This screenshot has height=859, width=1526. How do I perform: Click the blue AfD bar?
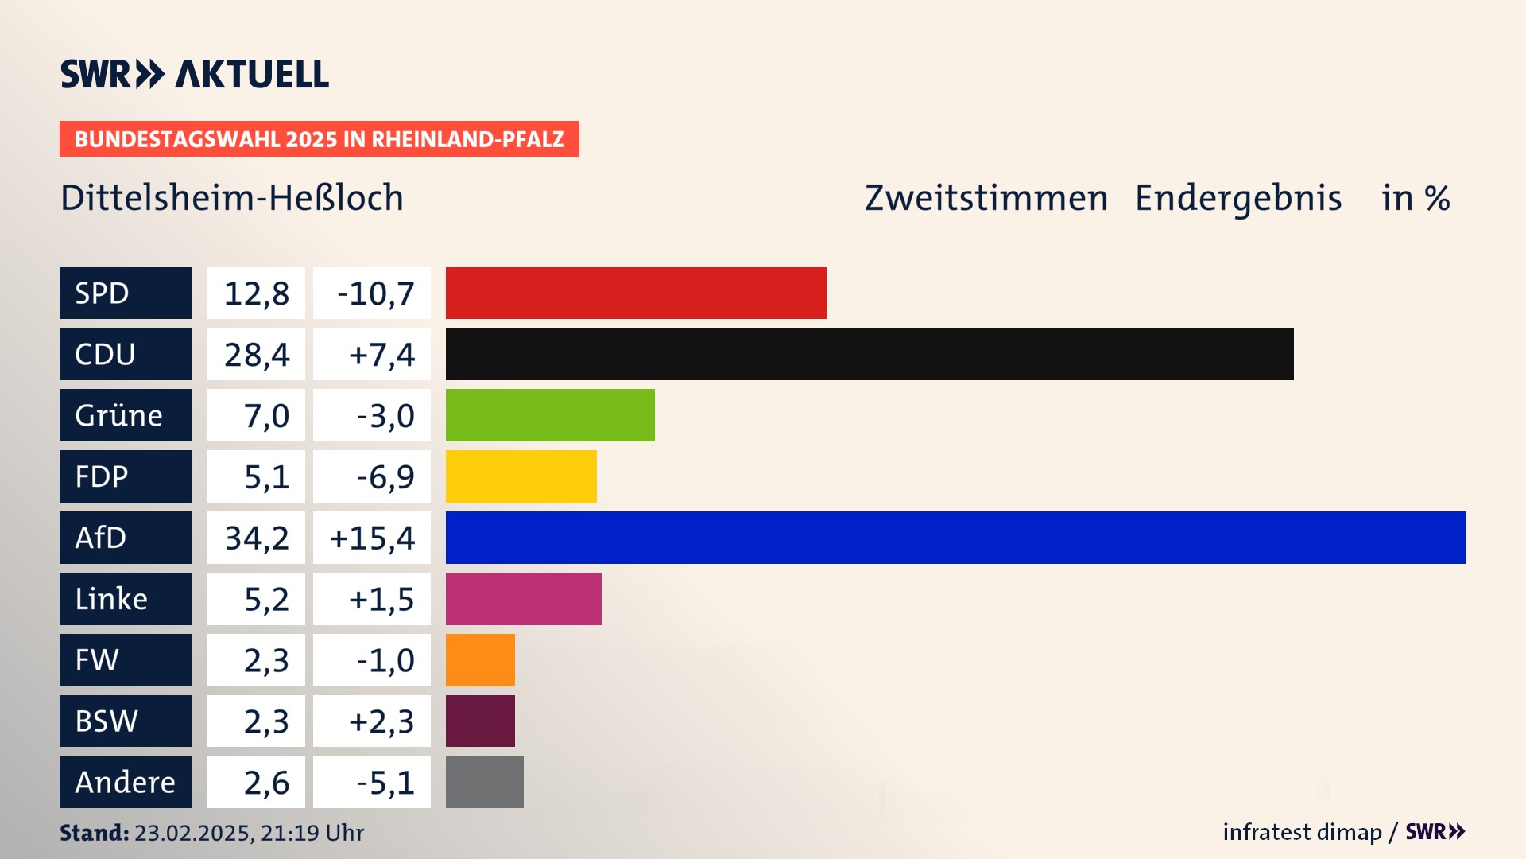point(955,538)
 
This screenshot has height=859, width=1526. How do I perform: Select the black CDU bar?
point(870,354)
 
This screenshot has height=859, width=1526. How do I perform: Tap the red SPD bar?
point(636,293)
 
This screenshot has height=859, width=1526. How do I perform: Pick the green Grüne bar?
point(550,415)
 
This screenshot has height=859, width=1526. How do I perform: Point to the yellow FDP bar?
point(521,476)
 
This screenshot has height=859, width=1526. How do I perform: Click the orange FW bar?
point(480,660)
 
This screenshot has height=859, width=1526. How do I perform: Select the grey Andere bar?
point(484,782)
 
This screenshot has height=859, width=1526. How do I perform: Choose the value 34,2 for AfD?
point(256,538)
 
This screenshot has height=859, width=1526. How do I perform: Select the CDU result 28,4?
point(256,355)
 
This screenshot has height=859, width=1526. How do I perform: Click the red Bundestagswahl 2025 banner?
point(319,139)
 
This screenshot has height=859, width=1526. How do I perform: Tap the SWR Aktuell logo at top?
point(195,74)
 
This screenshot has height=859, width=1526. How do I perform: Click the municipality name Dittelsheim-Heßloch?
point(232,198)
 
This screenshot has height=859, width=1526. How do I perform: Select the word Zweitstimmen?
point(986,198)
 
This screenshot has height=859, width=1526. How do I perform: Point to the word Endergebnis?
point(1237,198)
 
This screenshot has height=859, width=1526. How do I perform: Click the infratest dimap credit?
point(1302,832)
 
